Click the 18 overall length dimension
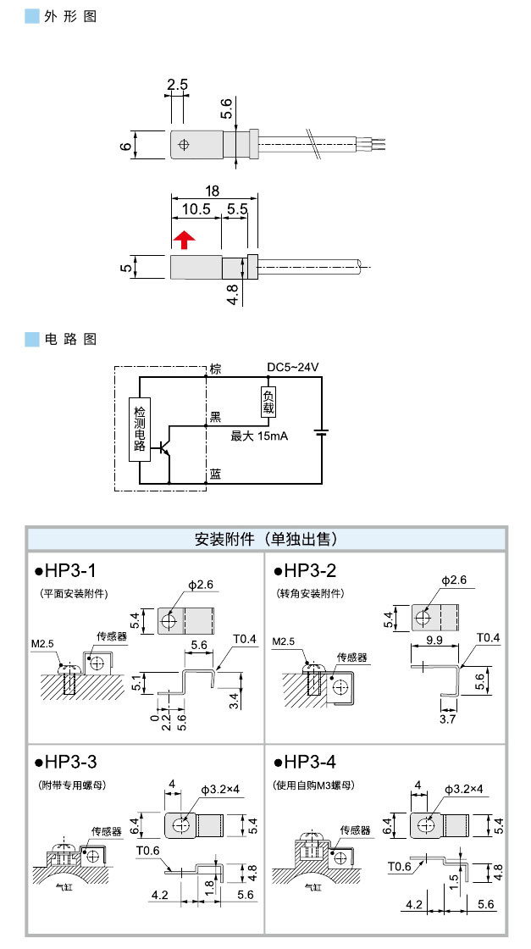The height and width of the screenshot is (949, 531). click(213, 191)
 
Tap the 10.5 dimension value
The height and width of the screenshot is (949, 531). click(196, 208)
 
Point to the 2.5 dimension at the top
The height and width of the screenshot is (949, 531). click(177, 85)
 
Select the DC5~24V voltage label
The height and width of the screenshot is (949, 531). click(292, 367)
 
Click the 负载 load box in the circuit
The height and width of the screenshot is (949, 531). click(268, 402)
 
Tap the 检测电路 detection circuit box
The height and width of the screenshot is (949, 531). click(140, 429)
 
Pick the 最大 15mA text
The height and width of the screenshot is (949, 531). click(259, 436)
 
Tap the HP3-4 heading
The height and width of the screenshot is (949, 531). click(311, 760)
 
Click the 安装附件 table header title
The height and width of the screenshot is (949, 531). click(265, 539)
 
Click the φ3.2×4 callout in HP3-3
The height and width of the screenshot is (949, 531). click(220, 789)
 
